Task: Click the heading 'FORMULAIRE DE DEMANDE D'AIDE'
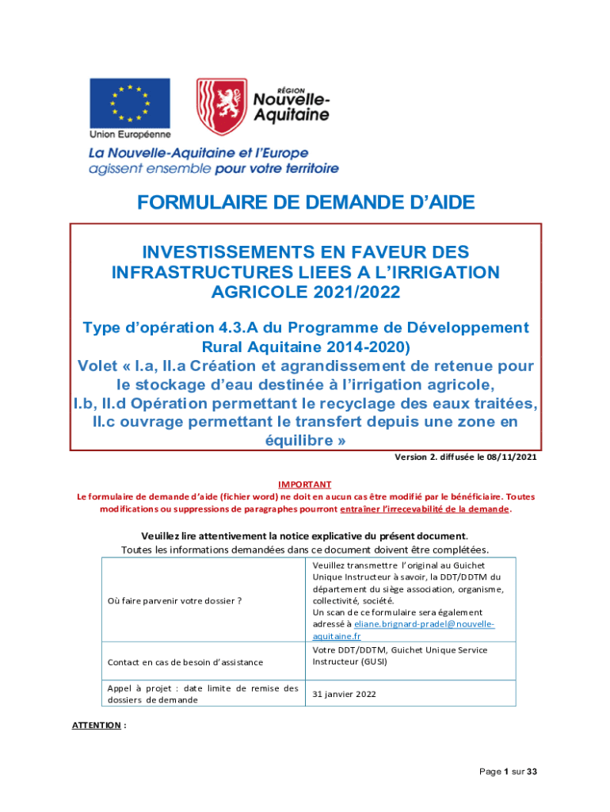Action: coord(306,203)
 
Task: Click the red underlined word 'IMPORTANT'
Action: coord(305,484)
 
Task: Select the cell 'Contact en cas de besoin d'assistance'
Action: coord(185,662)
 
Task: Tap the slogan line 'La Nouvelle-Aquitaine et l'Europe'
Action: coord(198,153)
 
